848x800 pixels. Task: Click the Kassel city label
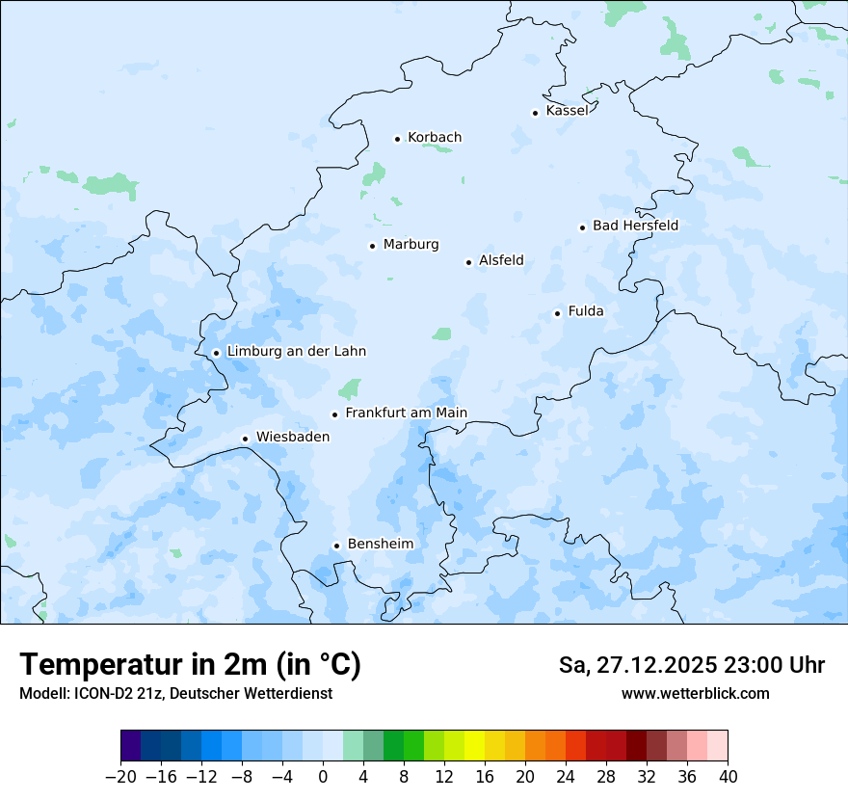tap(567, 111)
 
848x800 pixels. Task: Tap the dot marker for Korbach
tap(397, 139)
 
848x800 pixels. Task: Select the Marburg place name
tap(411, 245)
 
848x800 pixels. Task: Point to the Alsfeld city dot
tap(469, 262)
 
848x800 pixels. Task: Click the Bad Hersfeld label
tap(635, 226)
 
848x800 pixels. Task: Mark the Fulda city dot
tap(557, 313)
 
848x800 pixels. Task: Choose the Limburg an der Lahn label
tap(296, 352)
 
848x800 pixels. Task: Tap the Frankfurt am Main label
tap(406, 413)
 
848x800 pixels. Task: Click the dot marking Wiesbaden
tap(246, 439)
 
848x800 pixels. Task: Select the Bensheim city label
tap(380, 544)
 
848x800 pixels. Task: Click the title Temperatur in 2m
tap(190, 664)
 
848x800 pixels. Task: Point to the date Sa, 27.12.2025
tap(637, 665)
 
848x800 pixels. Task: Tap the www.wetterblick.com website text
tap(695, 693)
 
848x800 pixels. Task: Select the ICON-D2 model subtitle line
tap(174, 693)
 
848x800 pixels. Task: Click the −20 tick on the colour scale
tap(120, 777)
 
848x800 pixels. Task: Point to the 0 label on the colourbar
tap(323, 777)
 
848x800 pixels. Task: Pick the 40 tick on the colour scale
tap(728, 777)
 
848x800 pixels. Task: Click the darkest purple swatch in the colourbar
tap(131, 746)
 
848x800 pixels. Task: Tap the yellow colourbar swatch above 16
tap(474, 746)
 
